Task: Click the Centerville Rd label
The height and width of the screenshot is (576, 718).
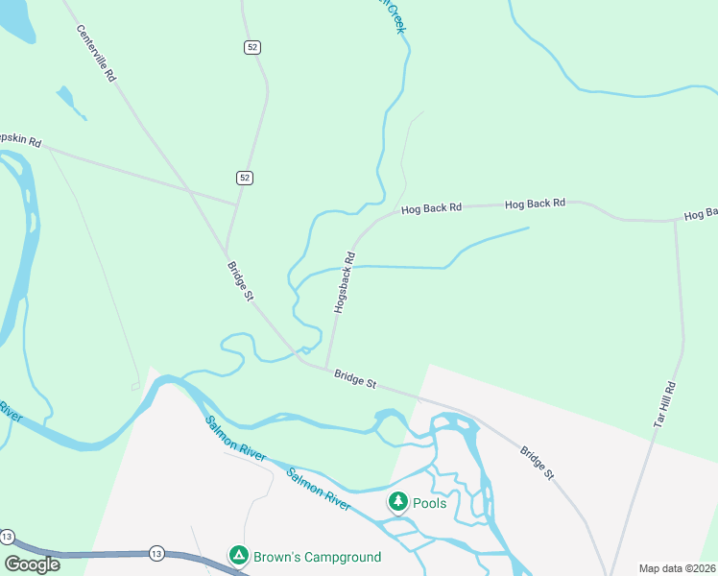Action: pyautogui.click(x=96, y=53)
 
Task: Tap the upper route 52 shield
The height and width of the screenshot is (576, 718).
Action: pyautogui.click(x=251, y=47)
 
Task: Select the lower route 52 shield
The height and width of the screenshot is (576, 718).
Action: pyautogui.click(x=245, y=178)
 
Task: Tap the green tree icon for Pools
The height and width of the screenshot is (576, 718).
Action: pyautogui.click(x=397, y=501)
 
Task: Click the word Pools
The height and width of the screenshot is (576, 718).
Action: pyautogui.click(x=430, y=503)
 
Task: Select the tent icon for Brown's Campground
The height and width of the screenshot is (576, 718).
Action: pyautogui.click(x=237, y=555)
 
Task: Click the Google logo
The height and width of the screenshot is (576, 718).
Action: pyautogui.click(x=33, y=564)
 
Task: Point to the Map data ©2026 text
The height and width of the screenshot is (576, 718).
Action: pyautogui.click(x=677, y=568)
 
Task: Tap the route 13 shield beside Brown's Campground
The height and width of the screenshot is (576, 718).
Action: pyautogui.click(x=156, y=554)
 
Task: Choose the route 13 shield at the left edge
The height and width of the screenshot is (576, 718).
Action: pyautogui.click(x=7, y=536)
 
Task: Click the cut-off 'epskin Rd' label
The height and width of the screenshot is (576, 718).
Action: pyautogui.click(x=21, y=141)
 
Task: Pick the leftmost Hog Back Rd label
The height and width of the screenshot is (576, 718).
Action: pyautogui.click(x=432, y=207)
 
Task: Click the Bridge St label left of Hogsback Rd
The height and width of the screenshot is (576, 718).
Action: pyautogui.click(x=240, y=281)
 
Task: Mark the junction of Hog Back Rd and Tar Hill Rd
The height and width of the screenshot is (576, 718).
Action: pyautogui.click(x=675, y=221)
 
